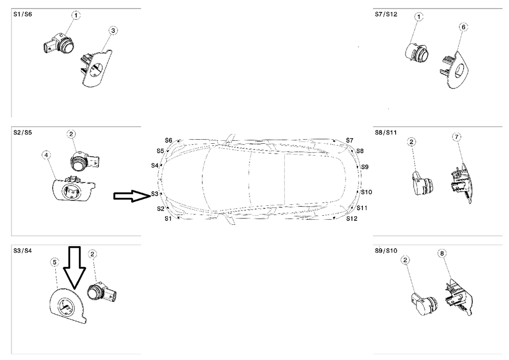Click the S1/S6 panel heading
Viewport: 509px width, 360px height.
click(x=22, y=15)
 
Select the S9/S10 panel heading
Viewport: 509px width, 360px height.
click(x=386, y=251)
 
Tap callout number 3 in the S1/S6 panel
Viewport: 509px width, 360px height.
click(x=113, y=31)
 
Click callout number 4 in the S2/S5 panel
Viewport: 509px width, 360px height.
click(x=46, y=156)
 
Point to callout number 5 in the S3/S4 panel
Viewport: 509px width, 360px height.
click(x=55, y=261)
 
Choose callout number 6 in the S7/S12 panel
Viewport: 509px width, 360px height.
click(x=463, y=27)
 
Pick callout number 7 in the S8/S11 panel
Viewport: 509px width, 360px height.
click(x=457, y=137)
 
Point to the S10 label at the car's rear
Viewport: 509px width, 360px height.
click(x=366, y=192)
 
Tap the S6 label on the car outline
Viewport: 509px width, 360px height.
click(x=169, y=141)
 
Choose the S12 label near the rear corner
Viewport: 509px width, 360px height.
click(x=351, y=218)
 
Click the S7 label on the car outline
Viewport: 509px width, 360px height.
click(x=350, y=141)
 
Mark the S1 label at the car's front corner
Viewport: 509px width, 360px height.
click(x=168, y=218)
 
